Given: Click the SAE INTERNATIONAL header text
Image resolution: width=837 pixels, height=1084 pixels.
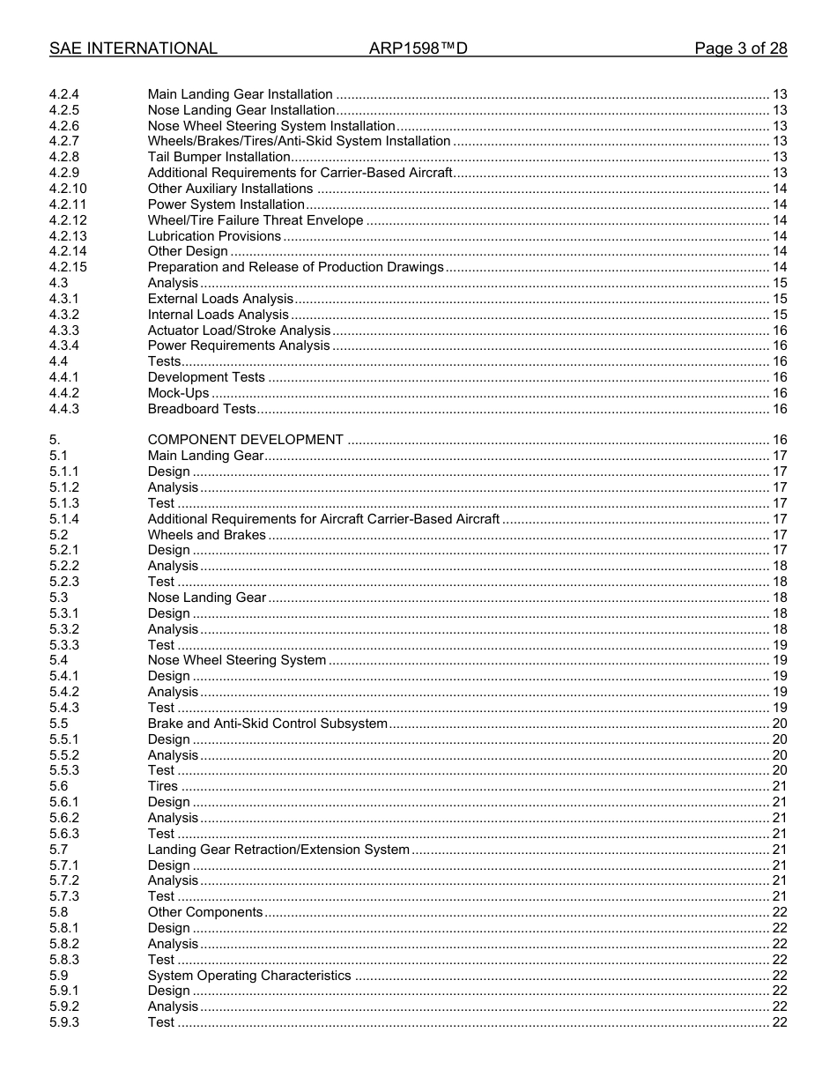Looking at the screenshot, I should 133,48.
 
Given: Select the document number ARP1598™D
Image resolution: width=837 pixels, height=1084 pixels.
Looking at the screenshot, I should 418,48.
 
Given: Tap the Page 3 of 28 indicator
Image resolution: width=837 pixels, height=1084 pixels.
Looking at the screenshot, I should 740,48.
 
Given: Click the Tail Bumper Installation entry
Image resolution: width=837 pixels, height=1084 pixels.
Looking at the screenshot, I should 219,157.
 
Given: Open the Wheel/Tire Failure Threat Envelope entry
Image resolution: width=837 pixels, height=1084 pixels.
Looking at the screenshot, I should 255,220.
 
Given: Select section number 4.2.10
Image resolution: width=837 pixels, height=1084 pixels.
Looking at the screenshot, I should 68,189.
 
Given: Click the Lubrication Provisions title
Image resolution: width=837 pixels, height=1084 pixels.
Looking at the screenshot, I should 214,236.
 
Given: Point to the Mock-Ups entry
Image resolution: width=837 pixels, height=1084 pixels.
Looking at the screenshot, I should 178,393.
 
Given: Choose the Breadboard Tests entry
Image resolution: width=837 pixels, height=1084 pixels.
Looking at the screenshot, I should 202,409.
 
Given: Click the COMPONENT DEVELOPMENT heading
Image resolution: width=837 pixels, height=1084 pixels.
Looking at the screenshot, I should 245,440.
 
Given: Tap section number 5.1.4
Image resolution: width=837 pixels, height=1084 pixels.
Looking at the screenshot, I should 63,519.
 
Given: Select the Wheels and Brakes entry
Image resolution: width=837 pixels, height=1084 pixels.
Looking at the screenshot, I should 206,535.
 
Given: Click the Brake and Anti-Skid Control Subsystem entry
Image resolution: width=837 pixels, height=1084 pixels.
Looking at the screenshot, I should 267,724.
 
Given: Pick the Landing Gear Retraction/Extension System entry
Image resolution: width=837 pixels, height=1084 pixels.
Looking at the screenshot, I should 278,850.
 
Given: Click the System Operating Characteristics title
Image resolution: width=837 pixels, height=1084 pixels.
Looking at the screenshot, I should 249,976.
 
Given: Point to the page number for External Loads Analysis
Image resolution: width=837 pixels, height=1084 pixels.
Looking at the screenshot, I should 779,299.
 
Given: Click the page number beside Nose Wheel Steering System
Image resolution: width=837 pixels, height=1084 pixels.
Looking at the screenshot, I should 779,660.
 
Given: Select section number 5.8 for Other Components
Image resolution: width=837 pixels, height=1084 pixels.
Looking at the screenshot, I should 58,912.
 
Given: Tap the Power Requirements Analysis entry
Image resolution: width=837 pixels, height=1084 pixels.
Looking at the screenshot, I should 239,345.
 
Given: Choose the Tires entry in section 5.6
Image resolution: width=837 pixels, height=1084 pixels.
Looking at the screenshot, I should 162,786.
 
